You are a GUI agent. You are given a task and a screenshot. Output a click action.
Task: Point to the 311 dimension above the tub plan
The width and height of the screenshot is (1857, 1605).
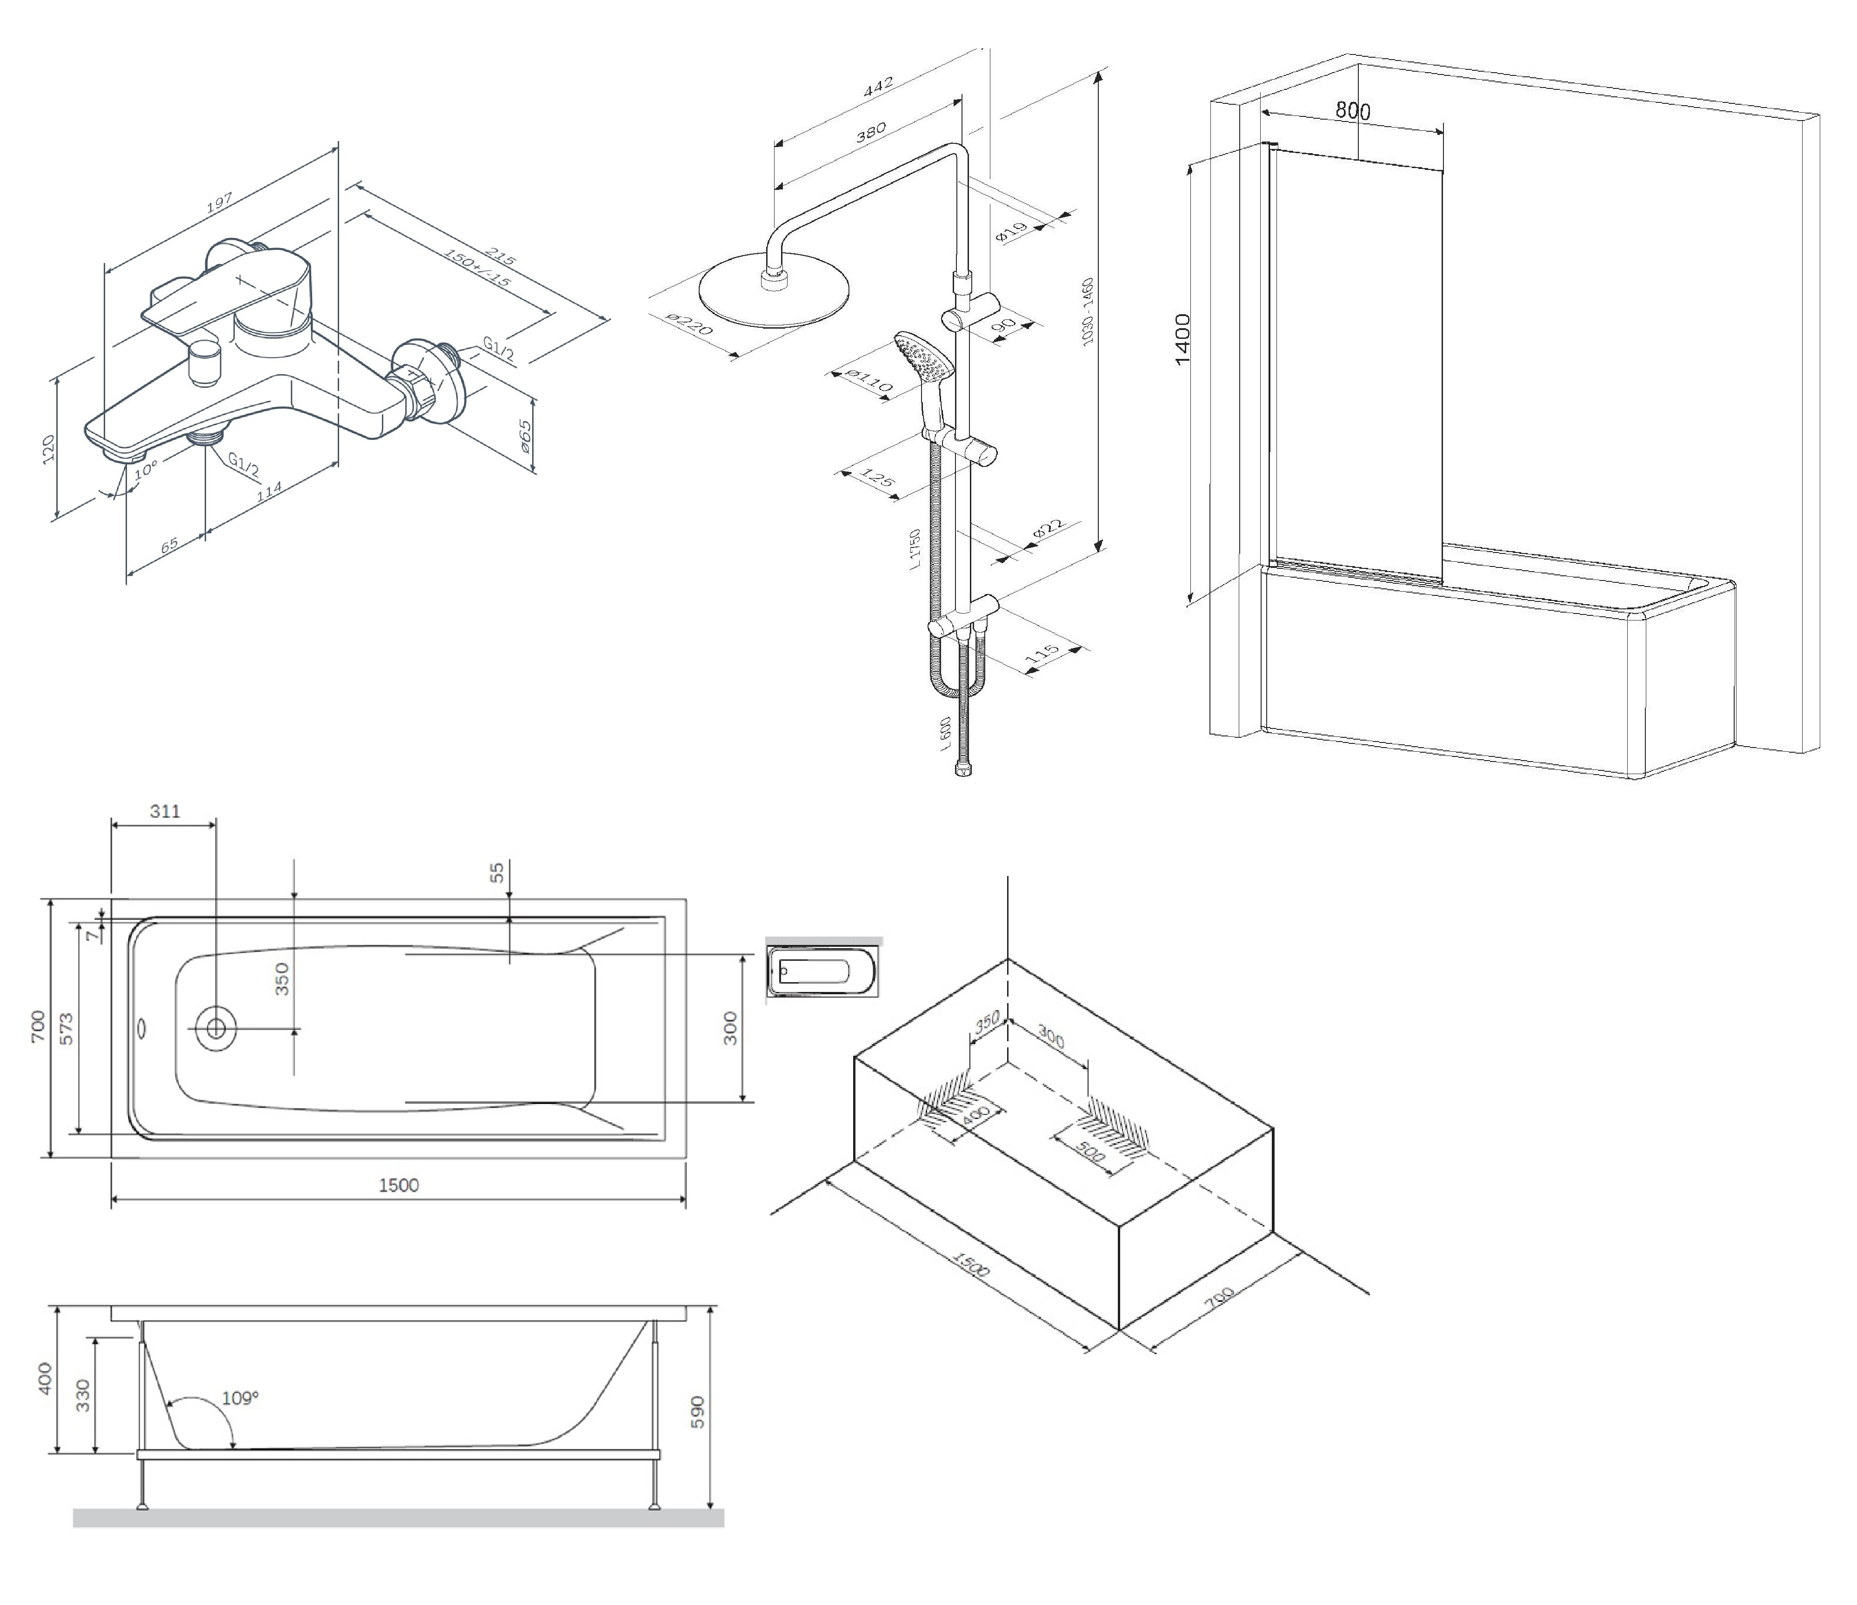165,811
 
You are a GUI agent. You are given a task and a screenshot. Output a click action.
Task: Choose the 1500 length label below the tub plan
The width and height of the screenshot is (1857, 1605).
399,1186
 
